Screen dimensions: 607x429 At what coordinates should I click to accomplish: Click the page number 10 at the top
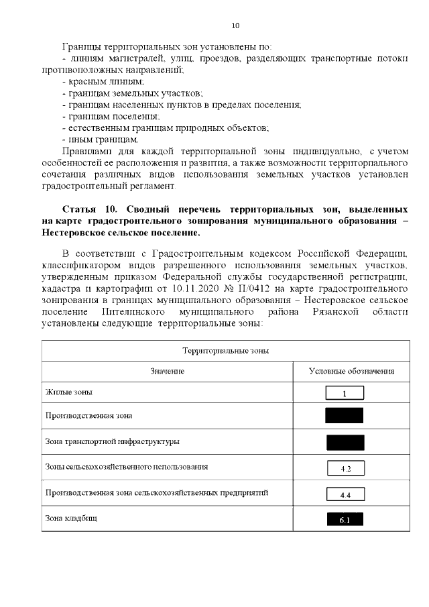235,26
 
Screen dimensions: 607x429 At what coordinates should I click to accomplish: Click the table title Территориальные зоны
226,351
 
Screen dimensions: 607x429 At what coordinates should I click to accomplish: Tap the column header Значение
168,371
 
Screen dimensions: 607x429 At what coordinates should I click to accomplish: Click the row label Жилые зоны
69,392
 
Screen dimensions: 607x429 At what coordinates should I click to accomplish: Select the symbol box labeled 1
345,393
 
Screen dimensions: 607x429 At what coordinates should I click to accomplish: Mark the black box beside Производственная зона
345,415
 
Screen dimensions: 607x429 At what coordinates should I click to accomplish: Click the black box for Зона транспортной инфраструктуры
345,442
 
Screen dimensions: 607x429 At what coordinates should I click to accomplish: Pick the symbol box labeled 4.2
345,468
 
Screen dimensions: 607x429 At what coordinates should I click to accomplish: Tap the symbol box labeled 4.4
345,495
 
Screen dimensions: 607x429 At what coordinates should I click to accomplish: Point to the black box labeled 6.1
345,519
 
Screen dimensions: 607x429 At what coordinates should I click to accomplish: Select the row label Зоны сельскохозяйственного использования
126,466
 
